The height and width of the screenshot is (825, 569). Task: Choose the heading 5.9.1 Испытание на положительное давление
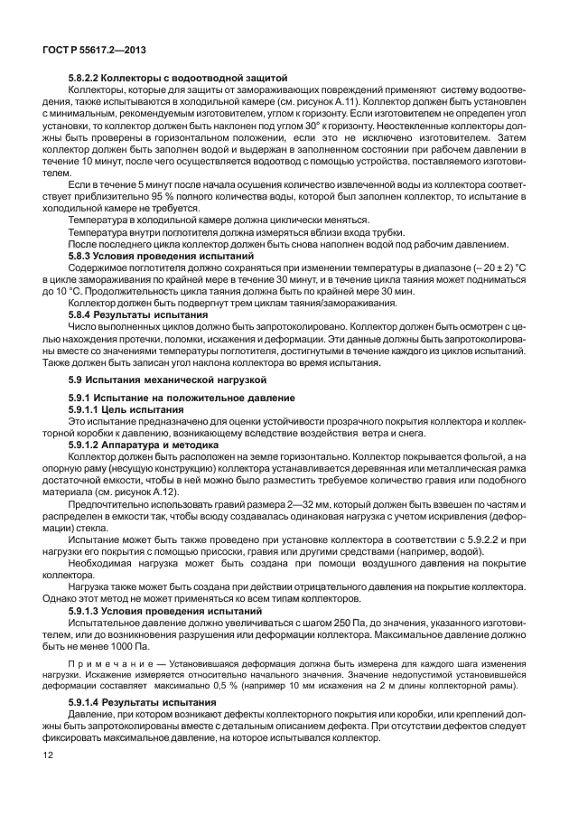(167, 398)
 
